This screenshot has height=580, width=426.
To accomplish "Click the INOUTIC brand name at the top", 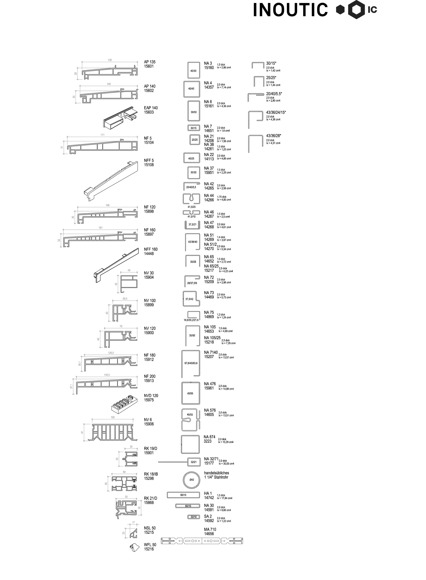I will (290, 10).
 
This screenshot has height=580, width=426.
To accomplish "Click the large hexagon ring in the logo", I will (357, 10).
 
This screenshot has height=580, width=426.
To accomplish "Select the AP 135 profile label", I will (149, 62).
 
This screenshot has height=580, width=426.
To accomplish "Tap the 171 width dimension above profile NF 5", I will (103, 135).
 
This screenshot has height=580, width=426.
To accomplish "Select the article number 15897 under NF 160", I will (149, 234).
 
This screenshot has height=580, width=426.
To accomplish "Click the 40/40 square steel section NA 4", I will (192, 89).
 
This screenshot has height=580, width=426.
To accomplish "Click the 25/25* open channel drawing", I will (259, 81).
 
